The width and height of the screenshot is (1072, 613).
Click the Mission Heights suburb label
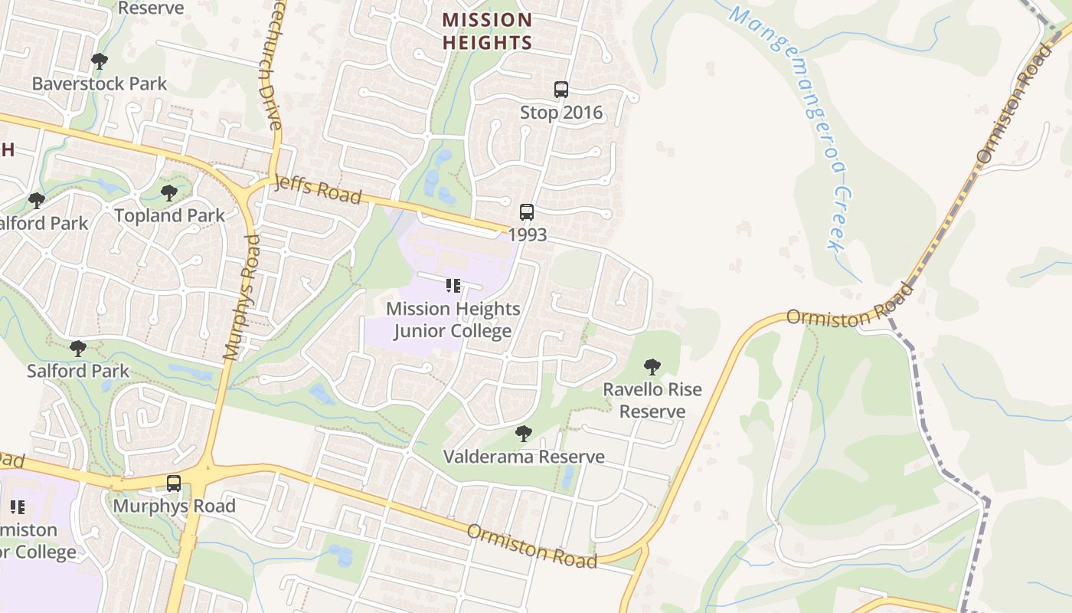pyautogui.click(x=487, y=31)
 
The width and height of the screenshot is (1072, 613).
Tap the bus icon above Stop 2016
pyautogui.click(x=561, y=90)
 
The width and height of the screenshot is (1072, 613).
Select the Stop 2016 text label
pyautogui.click(x=561, y=113)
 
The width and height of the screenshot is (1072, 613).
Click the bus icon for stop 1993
pyautogui.click(x=527, y=212)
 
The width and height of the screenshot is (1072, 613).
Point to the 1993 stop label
pyautogui.click(x=528, y=234)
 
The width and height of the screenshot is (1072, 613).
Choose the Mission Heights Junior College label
pyautogui.click(x=453, y=320)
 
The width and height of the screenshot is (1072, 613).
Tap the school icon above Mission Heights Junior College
pyautogui.click(x=453, y=286)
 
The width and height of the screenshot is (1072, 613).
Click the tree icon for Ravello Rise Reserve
pyautogui.click(x=652, y=367)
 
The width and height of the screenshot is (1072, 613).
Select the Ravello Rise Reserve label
pyautogui.click(x=652, y=400)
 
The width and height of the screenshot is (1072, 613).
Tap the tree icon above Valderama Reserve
pyautogui.click(x=524, y=434)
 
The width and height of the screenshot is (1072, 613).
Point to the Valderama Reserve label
pyautogui.click(x=524, y=457)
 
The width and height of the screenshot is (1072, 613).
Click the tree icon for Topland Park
pyautogui.click(x=169, y=193)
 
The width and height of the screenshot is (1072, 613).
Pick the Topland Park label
pyautogui.click(x=170, y=216)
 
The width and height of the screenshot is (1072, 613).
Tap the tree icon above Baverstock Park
pyautogui.click(x=99, y=61)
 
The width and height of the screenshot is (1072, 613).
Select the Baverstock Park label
pyautogui.click(x=100, y=84)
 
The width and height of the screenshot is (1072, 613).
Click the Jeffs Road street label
pyautogui.click(x=317, y=188)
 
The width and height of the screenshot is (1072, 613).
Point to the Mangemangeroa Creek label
pyautogui.click(x=796, y=126)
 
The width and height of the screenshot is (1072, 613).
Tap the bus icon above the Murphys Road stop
pyautogui.click(x=174, y=484)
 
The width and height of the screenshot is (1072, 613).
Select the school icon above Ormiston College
pyautogui.click(x=17, y=507)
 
